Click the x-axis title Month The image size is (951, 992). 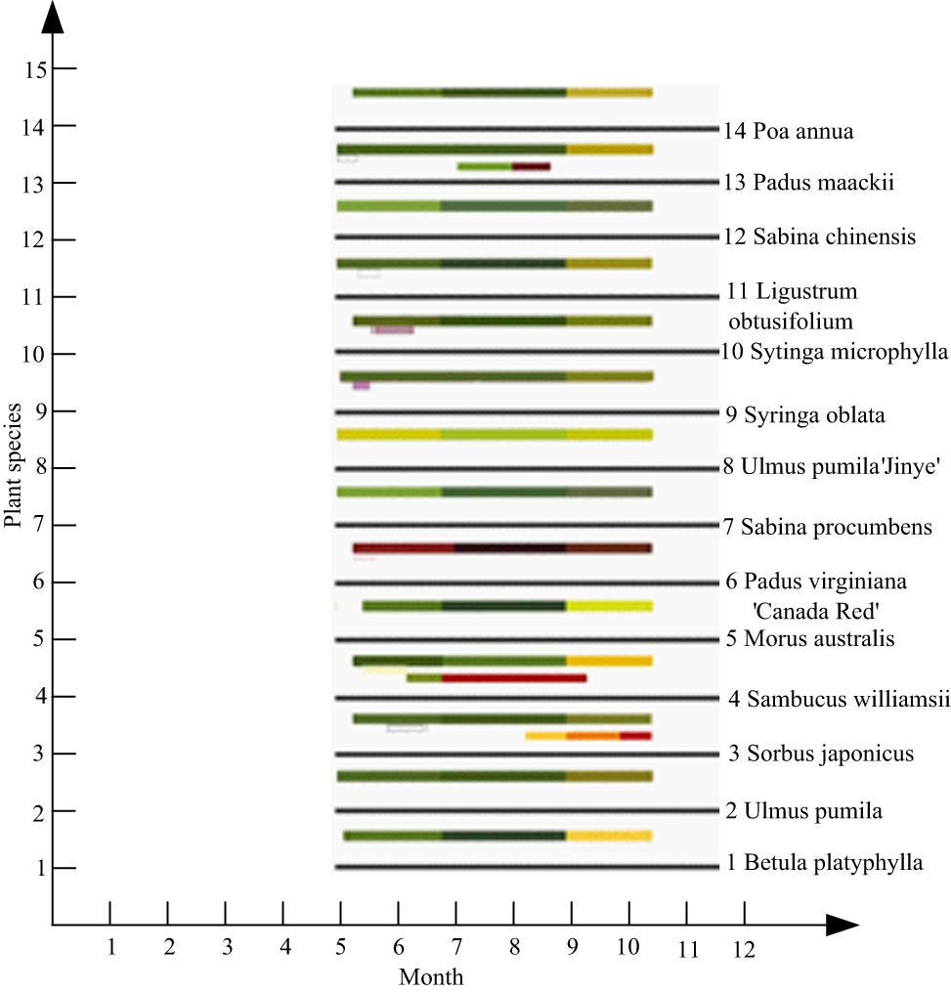click(430, 976)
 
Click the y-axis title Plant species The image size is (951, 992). click(13, 461)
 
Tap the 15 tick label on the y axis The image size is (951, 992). click(37, 69)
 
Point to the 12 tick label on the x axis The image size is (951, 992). click(744, 947)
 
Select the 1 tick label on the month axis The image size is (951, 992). click(110, 947)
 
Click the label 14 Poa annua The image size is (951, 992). click(789, 131)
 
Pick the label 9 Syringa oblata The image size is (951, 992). click(804, 415)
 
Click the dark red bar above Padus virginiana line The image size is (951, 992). click(501, 548)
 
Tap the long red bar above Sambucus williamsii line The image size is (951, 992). click(513, 677)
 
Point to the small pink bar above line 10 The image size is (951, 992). click(393, 330)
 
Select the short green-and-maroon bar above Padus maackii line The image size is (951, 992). click(503, 167)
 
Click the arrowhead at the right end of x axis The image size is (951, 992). click(843, 925)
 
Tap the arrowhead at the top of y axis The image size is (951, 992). click(53, 18)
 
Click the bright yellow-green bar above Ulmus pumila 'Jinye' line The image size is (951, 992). click(495, 435)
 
